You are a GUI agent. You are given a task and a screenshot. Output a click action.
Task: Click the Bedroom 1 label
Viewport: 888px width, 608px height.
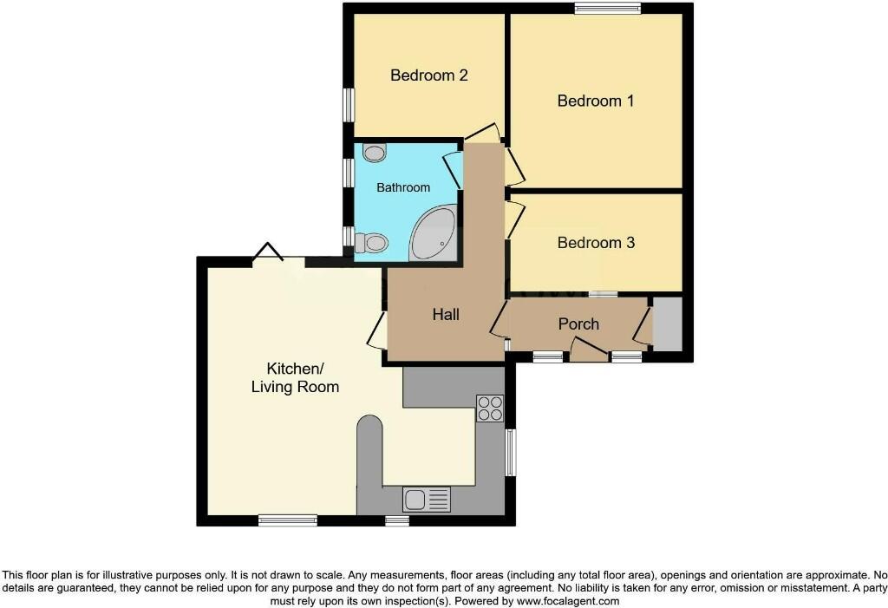pos(596,101)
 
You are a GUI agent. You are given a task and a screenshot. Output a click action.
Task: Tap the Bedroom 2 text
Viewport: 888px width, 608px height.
pos(429,75)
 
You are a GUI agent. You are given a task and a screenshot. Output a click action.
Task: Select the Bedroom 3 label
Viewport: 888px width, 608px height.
pos(596,243)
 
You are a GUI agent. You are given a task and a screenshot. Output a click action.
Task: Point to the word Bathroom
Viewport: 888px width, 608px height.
pos(403,187)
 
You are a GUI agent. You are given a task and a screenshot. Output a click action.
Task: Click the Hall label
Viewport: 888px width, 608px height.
pos(446,315)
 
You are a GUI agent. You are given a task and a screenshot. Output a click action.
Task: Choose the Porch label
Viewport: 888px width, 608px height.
pos(578,324)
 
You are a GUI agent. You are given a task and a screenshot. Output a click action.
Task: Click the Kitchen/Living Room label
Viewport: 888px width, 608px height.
pos(295,377)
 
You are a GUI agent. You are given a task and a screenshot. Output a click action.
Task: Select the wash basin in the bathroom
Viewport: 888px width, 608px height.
pos(375,154)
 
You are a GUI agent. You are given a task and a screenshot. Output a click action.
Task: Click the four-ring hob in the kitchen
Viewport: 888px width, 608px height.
pos(489,408)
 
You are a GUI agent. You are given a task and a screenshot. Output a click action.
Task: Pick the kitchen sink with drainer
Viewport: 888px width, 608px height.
pos(427,499)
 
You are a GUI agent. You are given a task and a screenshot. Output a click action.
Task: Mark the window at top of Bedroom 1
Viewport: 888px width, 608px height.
pos(607,9)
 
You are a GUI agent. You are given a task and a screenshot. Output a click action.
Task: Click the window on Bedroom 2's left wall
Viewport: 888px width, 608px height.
pos(349,106)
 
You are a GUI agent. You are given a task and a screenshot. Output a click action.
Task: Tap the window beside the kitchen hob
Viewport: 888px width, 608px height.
pos(511,452)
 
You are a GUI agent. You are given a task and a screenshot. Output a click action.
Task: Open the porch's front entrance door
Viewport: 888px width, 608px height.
pos(589,351)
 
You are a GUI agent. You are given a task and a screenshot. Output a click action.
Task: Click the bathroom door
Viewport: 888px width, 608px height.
pos(454,170)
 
